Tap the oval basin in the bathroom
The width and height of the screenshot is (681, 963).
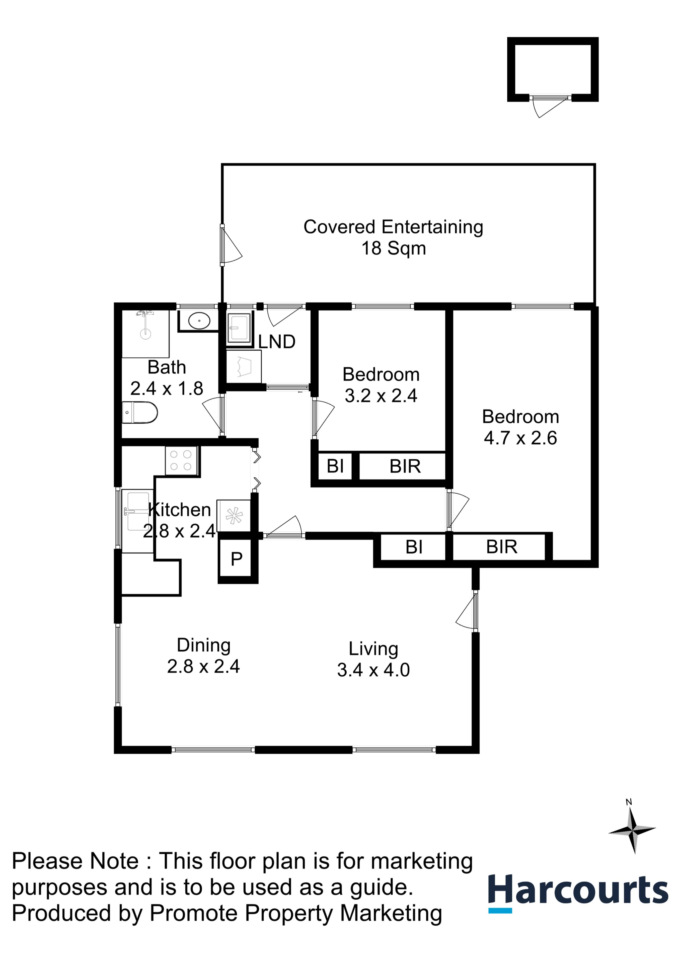199,321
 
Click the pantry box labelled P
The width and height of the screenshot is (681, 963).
237,559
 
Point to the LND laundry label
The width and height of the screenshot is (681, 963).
276,342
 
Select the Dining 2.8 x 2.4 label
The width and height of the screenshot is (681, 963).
203,655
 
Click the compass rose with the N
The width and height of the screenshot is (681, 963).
632,830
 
